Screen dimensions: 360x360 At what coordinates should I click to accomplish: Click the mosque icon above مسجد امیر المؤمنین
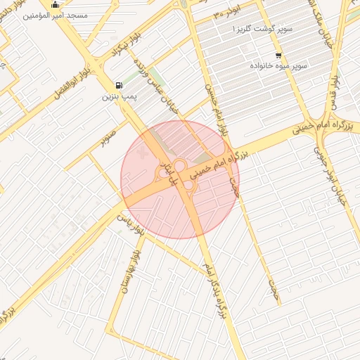[55, 5]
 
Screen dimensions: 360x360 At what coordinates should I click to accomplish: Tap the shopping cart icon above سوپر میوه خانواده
[279, 56]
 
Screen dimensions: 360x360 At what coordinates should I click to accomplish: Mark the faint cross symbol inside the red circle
[143, 153]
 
